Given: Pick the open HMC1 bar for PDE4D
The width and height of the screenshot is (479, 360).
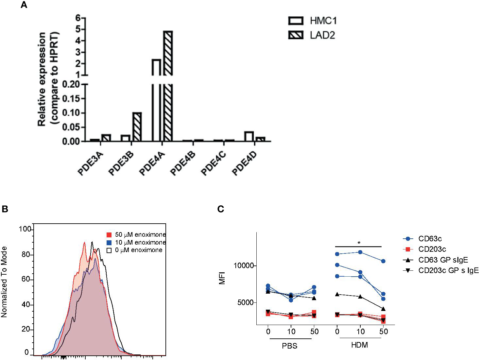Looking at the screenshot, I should (249, 136).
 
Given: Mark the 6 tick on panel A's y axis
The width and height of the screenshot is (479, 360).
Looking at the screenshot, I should (77, 18).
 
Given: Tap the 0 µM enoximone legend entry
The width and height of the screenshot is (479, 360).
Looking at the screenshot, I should (135, 250).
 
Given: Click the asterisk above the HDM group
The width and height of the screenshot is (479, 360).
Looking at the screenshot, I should (359, 243).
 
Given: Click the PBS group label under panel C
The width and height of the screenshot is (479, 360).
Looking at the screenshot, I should (290, 346).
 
